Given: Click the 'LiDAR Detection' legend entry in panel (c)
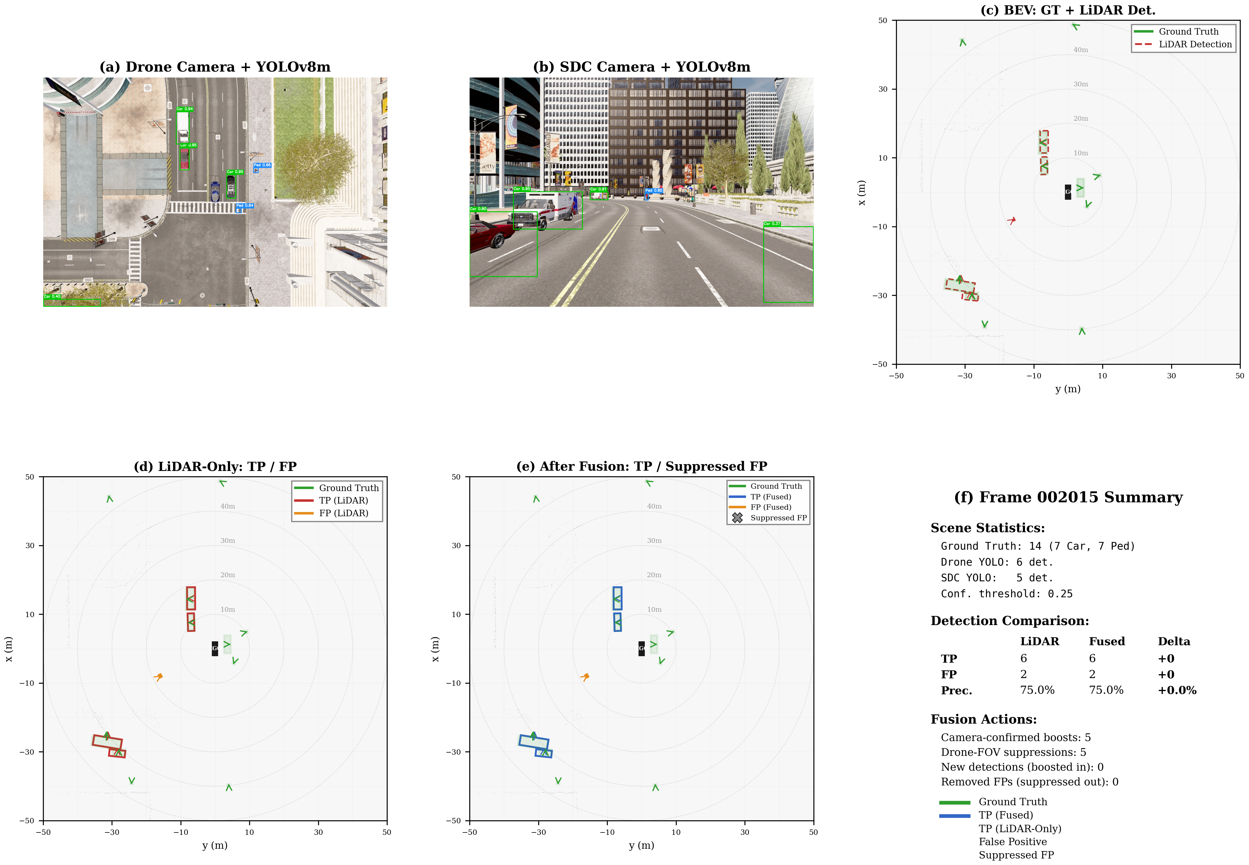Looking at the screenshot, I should [x=1195, y=44].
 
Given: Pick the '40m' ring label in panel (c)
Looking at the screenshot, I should [x=1080, y=50].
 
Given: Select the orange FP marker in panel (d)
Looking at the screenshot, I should [x=158, y=677].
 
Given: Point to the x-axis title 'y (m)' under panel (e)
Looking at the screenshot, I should [x=641, y=845].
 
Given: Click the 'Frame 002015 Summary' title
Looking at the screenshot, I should [x=1068, y=498].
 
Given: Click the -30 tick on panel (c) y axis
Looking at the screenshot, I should [x=880, y=295].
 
